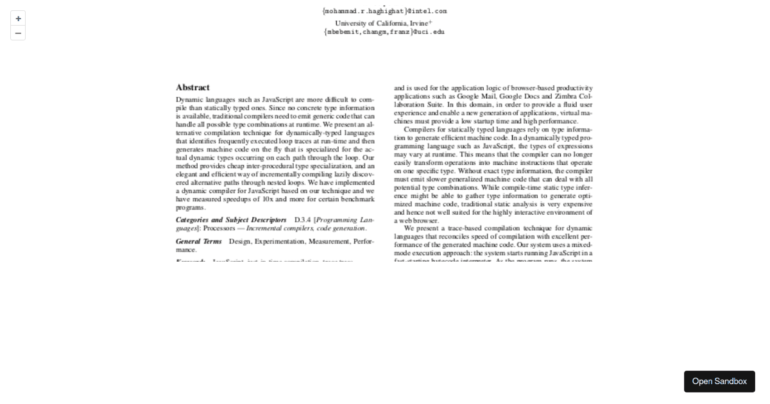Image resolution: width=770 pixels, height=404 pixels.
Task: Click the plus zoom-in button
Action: [18, 19]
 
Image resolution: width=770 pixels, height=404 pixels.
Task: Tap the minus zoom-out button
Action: [18, 33]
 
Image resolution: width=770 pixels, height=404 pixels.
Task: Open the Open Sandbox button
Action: [719, 382]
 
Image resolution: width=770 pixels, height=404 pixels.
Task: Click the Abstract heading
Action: [193, 87]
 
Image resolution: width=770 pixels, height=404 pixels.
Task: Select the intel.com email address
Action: [385, 11]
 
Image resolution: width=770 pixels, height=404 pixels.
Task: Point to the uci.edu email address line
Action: [384, 31]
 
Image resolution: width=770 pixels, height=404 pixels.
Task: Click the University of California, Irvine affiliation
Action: [383, 23]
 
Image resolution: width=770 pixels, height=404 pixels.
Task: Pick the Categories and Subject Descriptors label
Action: [231, 220]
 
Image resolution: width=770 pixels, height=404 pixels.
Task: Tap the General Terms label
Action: [199, 242]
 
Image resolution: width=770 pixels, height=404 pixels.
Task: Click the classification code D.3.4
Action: [302, 220]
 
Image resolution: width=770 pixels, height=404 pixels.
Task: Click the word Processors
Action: [219, 228]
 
